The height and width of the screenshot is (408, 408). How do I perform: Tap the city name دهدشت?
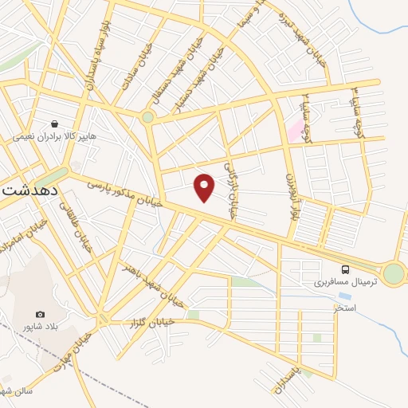click(33, 190)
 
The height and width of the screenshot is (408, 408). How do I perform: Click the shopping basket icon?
click(54, 124)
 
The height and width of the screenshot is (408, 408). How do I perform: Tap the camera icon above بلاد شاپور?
click(41, 316)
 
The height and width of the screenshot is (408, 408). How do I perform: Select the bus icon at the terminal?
click(345, 269)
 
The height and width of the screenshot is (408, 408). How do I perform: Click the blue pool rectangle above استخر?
click(345, 296)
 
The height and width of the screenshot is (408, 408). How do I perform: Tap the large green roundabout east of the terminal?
click(393, 274)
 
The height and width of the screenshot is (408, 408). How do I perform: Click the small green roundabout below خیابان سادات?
click(147, 117)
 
